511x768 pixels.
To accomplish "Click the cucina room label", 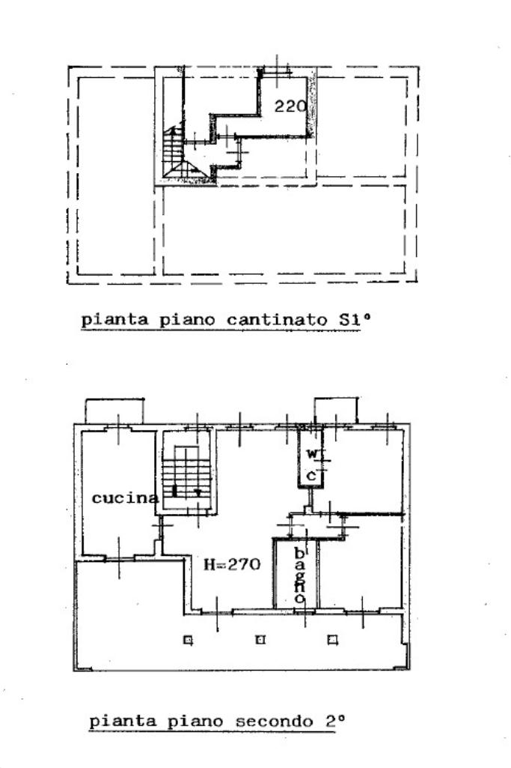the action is [x=125, y=498].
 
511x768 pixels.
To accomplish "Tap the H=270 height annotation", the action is [x=233, y=564].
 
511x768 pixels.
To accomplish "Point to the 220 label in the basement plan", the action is [x=290, y=106].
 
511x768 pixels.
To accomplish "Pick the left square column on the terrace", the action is [x=188, y=640].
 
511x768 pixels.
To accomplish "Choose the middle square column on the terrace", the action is [x=260, y=640].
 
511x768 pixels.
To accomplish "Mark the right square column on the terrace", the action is [x=332, y=640].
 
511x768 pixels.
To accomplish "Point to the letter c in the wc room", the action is [x=311, y=475].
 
